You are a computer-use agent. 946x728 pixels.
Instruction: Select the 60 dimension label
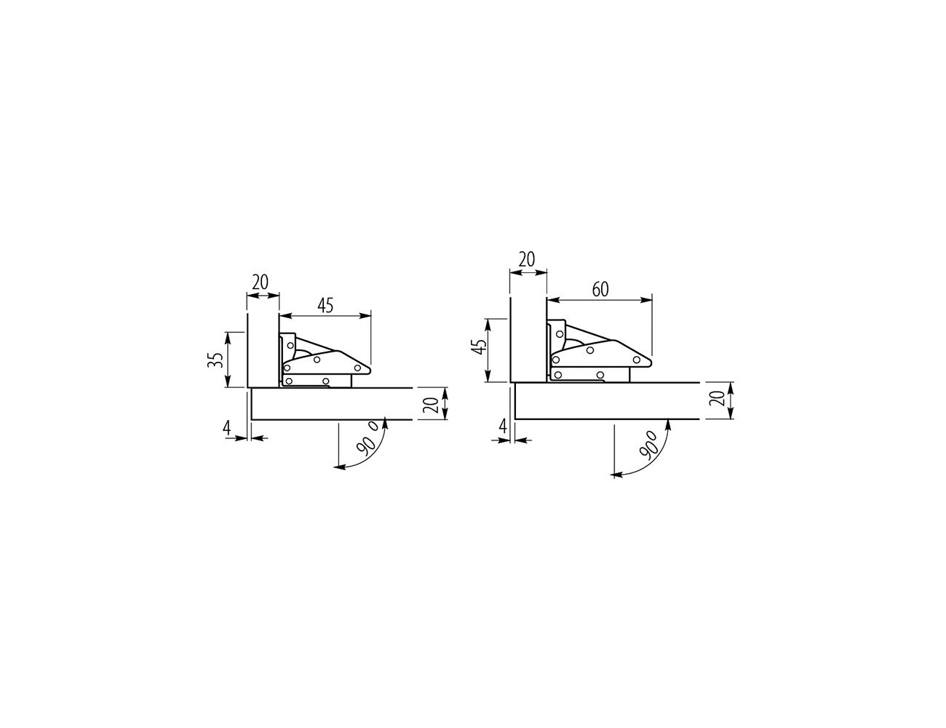600,290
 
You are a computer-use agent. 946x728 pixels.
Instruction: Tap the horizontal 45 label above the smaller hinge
325,306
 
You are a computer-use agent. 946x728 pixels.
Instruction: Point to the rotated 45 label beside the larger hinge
480,347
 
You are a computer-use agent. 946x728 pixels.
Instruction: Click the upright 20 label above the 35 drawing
261,282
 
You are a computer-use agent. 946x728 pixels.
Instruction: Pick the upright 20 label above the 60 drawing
527,259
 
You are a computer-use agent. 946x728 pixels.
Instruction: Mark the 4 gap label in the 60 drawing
504,425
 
